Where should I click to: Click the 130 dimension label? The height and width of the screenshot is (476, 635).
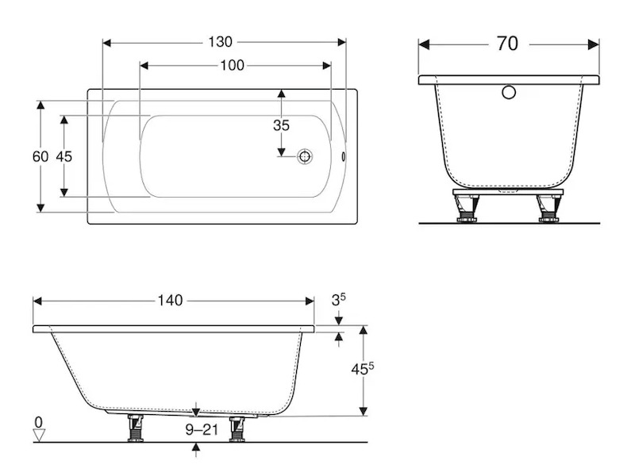point(221,42)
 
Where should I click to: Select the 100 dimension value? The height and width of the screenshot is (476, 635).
point(232,65)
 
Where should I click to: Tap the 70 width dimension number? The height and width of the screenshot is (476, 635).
point(507,44)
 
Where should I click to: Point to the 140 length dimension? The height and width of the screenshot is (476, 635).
point(170,301)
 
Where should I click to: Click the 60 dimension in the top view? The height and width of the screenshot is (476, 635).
point(40,156)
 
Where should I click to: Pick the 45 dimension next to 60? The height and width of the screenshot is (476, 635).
point(64,156)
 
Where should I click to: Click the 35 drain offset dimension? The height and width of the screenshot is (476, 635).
point(281,125)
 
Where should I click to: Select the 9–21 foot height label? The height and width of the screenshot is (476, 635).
point(202,429)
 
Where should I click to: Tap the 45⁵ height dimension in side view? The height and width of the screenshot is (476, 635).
point(363,369)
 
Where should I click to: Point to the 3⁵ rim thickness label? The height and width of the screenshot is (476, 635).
point(339,300)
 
